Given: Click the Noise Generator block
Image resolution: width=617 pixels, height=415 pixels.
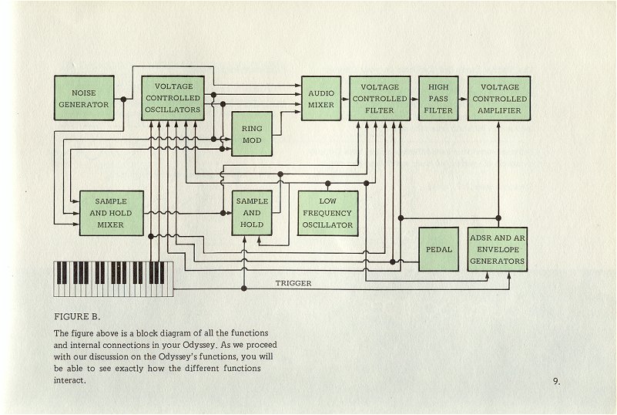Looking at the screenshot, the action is (84, 98).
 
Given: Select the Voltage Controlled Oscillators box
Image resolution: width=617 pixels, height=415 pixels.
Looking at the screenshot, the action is (173, 98).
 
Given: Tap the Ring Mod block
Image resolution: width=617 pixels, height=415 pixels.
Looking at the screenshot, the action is (252, 134).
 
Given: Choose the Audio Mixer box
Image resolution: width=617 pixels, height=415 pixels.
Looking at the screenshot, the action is (321, 99).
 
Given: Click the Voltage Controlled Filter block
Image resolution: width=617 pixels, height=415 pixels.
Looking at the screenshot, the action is (380, 99).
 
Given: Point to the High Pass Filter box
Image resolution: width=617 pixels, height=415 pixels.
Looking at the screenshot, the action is (438, 99).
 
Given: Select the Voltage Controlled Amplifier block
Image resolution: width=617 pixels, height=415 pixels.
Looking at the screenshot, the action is (499, 99).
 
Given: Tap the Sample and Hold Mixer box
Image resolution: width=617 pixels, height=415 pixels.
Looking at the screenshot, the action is (112, 213).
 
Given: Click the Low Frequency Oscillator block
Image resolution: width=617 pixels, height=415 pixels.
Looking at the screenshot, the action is (328, 213).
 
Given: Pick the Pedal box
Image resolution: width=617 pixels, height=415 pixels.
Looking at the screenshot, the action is (438, 249).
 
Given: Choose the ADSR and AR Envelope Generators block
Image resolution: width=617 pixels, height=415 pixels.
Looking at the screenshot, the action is (498, 249).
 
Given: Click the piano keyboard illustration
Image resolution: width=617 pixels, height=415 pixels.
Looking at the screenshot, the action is (113, 278).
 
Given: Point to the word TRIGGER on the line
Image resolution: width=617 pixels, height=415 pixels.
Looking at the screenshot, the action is (293, 283).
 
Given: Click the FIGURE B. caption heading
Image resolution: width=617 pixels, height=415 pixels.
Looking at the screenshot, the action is (77, 316).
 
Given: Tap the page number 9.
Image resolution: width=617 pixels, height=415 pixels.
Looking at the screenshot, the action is (557, 381).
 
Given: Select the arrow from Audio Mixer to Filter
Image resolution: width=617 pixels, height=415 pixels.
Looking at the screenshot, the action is (345, 99).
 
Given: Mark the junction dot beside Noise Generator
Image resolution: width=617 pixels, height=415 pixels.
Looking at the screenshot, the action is (123, 100).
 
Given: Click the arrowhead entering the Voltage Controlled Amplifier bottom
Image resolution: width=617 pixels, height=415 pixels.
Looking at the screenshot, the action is (498, 124).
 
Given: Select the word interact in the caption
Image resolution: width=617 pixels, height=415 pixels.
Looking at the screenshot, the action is (69, 380).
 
